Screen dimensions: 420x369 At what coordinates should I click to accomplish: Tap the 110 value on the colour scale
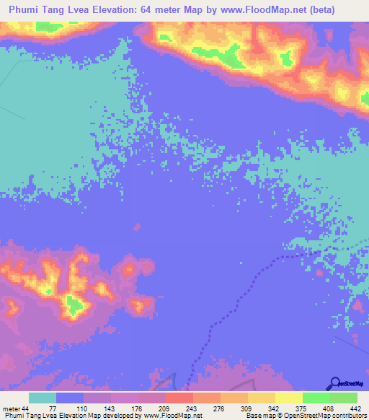tap(83, 408)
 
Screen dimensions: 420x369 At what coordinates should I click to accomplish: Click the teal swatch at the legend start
tap(43, 398)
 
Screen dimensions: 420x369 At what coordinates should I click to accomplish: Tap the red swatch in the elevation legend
tap(179, 398)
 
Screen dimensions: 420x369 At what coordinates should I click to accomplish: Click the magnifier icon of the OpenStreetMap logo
tap(335, 383)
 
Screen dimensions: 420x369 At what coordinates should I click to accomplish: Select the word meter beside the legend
tap(11, 408)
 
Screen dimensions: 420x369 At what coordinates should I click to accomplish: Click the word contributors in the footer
tap(349, 416)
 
